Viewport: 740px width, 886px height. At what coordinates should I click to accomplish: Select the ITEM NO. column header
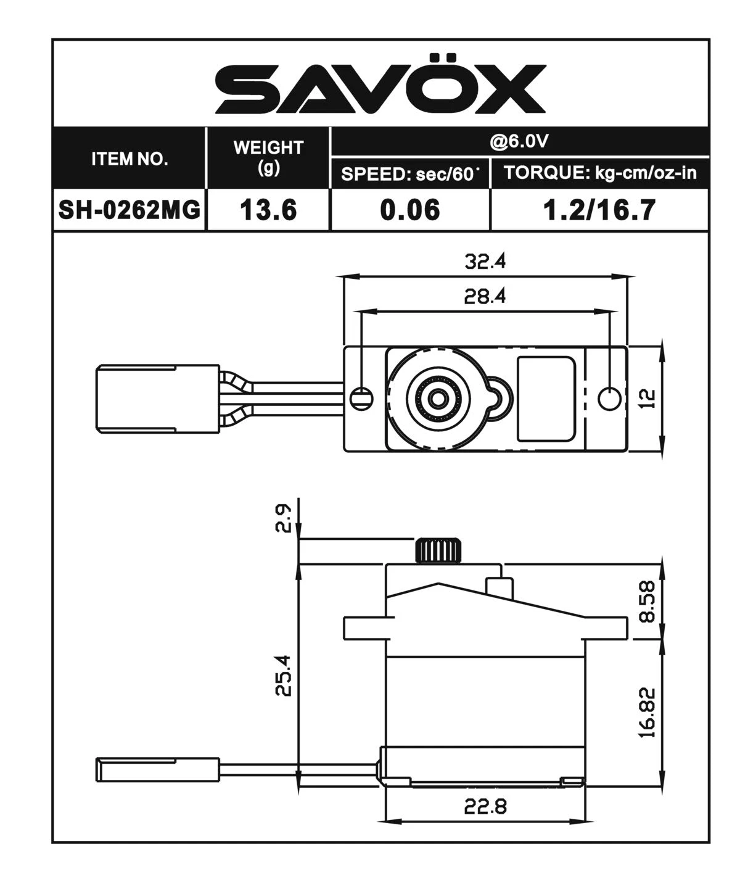point(129,159)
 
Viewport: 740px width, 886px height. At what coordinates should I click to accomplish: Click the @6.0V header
point(519,142)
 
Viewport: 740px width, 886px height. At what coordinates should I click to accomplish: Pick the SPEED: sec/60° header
point(410,174)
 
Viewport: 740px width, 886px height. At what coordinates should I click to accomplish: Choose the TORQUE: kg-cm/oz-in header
point(600,173)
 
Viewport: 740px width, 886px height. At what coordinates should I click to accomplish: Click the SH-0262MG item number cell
point(129,210)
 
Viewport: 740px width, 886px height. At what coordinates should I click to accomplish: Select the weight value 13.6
point(268,210)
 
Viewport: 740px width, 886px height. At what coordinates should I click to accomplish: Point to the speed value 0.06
point(410,210)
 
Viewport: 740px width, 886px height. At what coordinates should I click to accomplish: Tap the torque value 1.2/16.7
point(599,210)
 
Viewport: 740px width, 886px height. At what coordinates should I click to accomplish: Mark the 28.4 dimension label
point(485,297)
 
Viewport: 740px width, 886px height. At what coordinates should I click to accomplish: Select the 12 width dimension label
point(647,399)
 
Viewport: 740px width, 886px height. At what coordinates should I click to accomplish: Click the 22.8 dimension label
point(485,806)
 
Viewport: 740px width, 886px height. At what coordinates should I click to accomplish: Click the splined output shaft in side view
point(438,550)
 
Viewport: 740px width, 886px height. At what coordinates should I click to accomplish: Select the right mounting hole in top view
point(609,398)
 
